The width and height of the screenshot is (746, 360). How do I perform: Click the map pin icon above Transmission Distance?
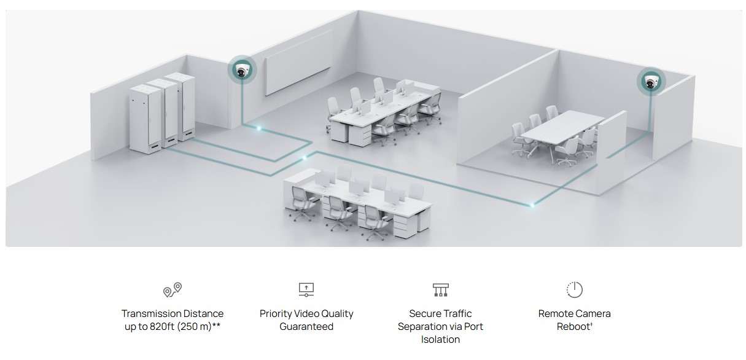[173, 289]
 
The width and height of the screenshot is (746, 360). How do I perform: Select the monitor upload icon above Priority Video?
[306, 289]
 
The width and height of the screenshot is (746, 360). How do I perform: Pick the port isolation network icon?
[440, 289]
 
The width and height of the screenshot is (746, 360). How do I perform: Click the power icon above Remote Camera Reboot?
[574, 289]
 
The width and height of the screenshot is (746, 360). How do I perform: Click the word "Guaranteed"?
[306, 327]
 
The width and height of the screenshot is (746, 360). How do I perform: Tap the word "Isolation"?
[440, 340]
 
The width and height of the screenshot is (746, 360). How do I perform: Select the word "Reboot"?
[573, 327]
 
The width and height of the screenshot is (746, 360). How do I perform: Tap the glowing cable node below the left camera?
[258, 128]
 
